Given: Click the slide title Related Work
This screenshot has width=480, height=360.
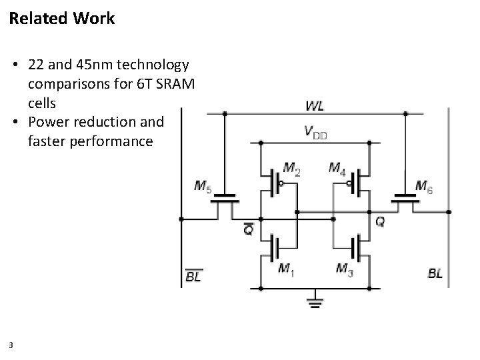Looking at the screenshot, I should pyautogui.click(x=62, y=19).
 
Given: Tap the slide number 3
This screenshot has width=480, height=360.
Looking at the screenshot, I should pyautogui.click(x=12, y=345).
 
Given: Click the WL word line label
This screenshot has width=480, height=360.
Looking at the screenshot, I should pyautogui.click(x=315, y=106).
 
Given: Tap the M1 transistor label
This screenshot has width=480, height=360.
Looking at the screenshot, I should pyautogui.click(x=285, y=269).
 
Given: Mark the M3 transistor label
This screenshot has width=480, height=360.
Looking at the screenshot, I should pyautogui.click(x=345, y=269).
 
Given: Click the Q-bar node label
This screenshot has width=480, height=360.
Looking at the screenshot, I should pyautogui.click(x=248, y=229).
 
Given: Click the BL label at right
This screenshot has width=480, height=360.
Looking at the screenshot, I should pyautogui.click(x=435, y=273).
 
